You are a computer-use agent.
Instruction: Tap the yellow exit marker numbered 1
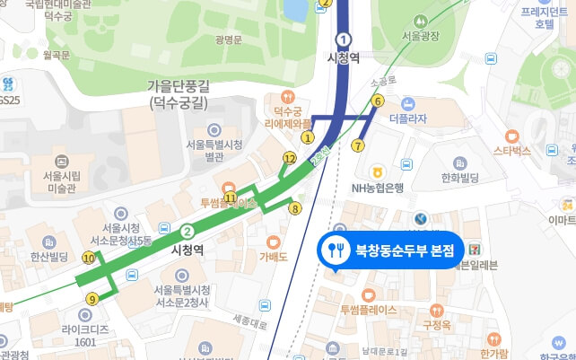click(309, 138)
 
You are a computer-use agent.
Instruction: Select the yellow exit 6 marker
click(378, 101)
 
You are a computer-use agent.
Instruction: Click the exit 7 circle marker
click(359, 145)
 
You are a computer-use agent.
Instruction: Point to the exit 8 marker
click(294, 209)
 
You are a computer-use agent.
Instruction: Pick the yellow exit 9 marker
click(92, 299)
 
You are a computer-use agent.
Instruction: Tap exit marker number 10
click(88, 258)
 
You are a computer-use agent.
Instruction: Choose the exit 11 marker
click(231, 198)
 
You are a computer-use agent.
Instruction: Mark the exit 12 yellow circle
click(289, 158)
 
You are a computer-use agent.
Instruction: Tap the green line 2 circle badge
click(187, 229)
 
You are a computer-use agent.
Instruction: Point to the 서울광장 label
click(422, 36)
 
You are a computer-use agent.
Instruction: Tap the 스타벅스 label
click(512, 151)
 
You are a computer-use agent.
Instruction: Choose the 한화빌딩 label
click(462, 178)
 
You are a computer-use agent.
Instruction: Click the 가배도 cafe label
click(273, 257)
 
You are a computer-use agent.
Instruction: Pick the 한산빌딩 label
click(50, 257)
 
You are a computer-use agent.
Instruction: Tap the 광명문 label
click(230, 40)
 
